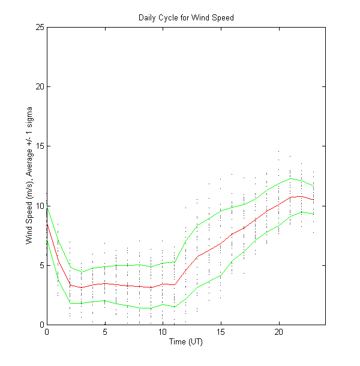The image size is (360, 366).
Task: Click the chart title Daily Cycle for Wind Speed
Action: tap(186, 17)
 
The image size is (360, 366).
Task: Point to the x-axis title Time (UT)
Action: tap(186, 341)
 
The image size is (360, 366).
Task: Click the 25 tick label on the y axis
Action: tap(40, 27)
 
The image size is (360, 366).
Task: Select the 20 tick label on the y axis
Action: tap(40, 86)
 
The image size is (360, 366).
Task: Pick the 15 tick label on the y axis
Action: tap(40, 146)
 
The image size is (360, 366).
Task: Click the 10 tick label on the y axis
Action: tap(40, 205)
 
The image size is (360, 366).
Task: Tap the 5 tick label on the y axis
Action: tap(41, 265)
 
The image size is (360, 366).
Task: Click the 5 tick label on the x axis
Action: tap(105, 332)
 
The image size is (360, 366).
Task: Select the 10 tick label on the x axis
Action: tap(163, 332)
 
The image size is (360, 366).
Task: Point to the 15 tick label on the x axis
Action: tap(221, 332)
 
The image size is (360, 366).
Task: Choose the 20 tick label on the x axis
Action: tap(279, 332)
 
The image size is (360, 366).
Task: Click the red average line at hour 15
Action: tap(221, 243)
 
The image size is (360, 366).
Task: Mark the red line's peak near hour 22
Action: tap(302, 196)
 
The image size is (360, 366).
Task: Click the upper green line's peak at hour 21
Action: tap(290, 178)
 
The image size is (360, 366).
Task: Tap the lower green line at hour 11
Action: tap(175, 307)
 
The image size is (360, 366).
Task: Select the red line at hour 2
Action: tap(70, 286)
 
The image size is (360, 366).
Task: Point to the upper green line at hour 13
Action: tap(197, 225)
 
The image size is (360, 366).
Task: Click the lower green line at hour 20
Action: tap(279, 225)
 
